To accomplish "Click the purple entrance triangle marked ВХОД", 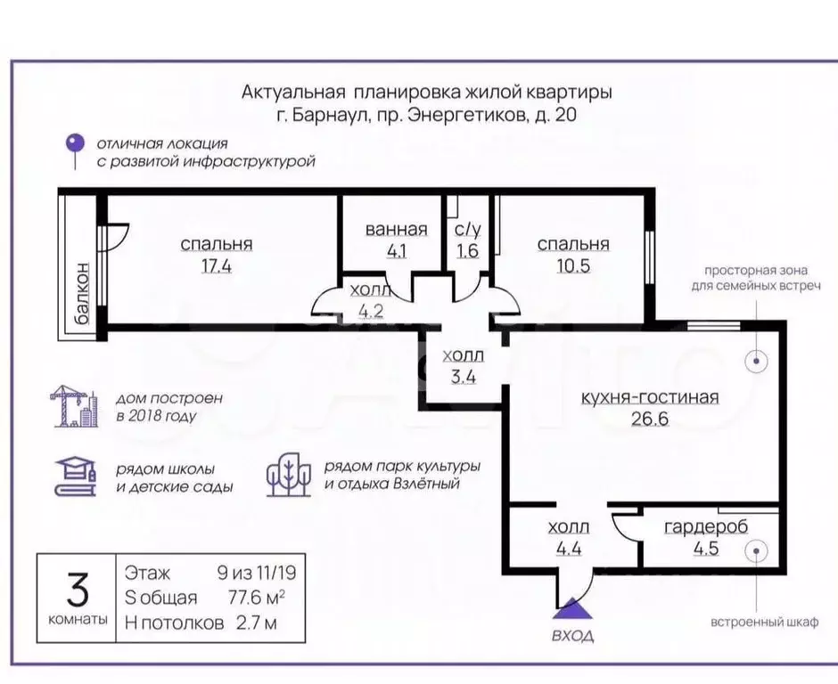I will [571, 609].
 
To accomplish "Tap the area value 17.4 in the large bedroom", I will [216, 265].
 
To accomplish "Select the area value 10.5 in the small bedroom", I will [572, 265].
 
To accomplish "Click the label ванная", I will [397, 230].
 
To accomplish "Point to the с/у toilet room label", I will [466, 230].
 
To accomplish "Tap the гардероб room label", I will [706, 526].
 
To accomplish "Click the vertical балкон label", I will [82, 296].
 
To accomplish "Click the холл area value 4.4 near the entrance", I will [568, 548].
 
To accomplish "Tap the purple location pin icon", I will [78, 145].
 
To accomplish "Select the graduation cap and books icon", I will [75, 477].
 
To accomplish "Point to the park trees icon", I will [289, 476].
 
